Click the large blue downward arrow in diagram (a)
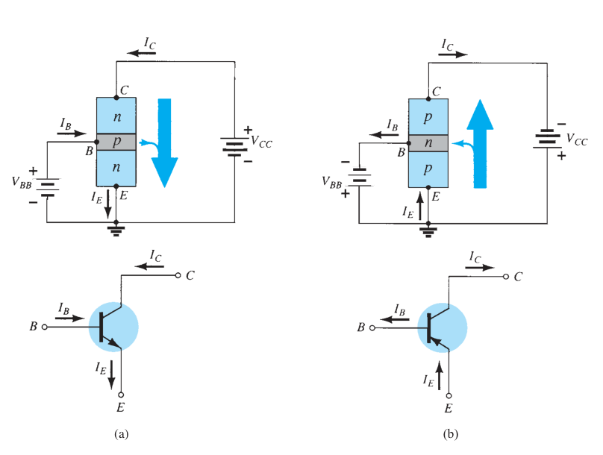pyautogui.click(x=165, y=143)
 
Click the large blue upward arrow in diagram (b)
pyautogui.click(x=480, y=144)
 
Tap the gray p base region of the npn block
pyautogui.click(x=116, y=142)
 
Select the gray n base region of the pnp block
pyautogui.click(x=428, y=143)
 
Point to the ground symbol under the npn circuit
pyautogui.click(x=116, y=230)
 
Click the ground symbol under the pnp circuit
pyautogui.click(x=428, y=231)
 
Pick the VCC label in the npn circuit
pyautogui.click(x=261, y=142)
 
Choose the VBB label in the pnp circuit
pyautogui.click(x=331, y=183)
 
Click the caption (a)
pyautogui.click(x=121, y=434)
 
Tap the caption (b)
pyautogui.click(x=450, y=434)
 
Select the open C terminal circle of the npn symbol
pyautogui.click(x=178, y=275)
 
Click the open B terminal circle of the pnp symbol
pyautogui.click(x=372, y=327)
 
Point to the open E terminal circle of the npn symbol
pyautogui.click(x=121, y=395)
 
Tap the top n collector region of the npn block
pyautogui.click(x=116, y=116)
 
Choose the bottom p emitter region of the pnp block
pyautogui.click(x=428, y=169)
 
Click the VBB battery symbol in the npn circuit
pyautogui.click(x=47, y=187)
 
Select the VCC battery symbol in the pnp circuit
pyautogui.click(x=547, y=139)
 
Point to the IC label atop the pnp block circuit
pyautogui.click(x=448, y=45)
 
